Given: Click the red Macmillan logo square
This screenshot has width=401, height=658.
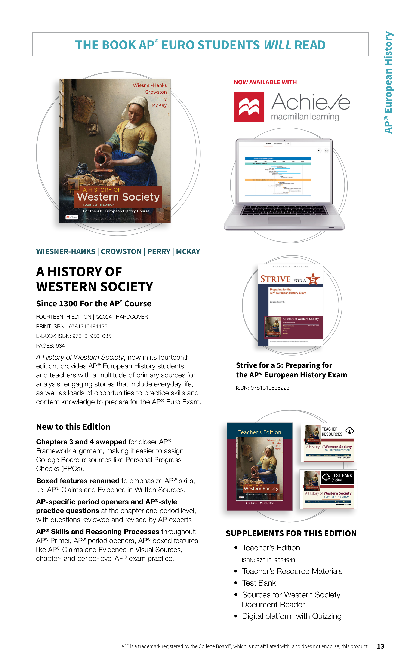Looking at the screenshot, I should pos(249,107).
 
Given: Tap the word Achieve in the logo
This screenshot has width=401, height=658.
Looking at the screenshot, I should pos(311,102).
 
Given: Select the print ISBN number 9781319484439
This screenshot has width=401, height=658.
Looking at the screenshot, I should pos(88,326).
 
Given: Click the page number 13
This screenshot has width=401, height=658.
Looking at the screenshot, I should pos(380,646).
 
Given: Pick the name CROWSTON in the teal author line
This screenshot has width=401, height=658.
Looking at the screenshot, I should pos(121,252).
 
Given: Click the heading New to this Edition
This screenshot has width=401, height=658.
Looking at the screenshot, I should pos(73,427).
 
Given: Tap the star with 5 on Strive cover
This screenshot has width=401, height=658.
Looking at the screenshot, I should pos(313,279).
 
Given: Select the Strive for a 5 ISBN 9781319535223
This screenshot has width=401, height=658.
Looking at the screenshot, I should pos(270,388).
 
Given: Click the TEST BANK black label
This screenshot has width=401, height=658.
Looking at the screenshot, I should pos(337,477).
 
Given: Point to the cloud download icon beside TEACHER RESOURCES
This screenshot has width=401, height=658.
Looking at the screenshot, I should pos(349,431).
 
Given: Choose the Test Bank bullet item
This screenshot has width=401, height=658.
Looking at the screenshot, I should pos(259,583).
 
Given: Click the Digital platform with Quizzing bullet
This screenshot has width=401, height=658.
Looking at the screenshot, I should pos(292,616).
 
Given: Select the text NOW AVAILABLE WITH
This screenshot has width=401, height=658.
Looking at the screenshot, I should pos(265,82).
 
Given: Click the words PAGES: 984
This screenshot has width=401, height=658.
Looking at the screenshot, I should pos(50,346).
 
